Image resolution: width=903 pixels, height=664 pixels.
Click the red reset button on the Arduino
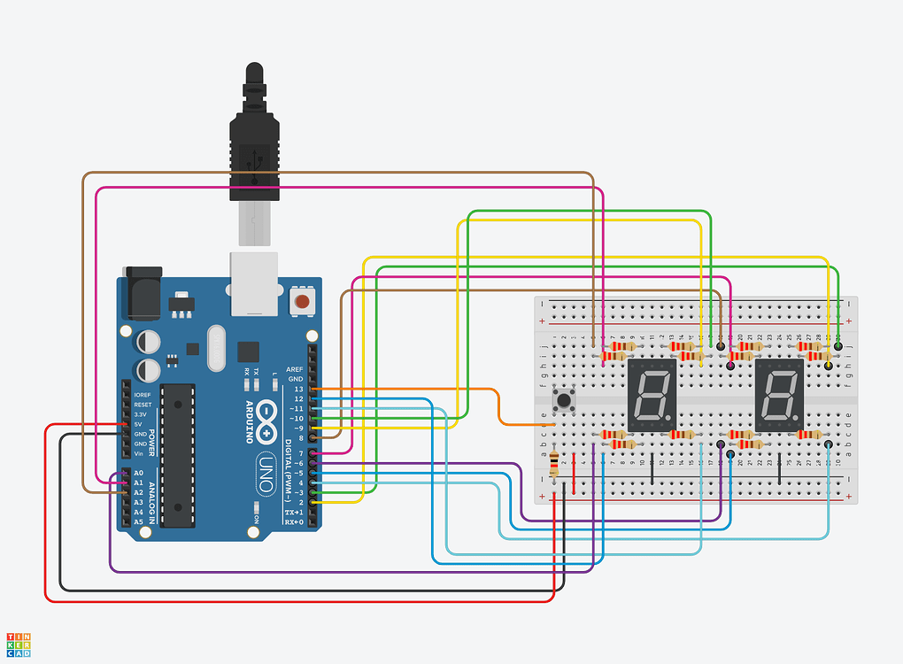[303, 303]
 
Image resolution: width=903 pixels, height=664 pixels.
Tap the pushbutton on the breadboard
[562, 400]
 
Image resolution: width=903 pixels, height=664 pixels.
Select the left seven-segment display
[652, 395]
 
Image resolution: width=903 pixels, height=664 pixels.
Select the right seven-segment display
[779, 395]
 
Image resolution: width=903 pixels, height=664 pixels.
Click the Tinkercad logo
[19, 645]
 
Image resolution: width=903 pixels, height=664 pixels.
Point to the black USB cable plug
[255, 142]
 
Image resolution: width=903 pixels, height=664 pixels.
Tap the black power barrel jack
[142, 292]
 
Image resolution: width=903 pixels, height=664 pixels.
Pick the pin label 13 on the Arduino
[298, 389]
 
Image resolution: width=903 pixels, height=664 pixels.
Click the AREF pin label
[295, 368]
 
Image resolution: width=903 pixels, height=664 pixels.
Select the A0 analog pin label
[138, 473]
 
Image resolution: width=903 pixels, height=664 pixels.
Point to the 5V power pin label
[139, 424]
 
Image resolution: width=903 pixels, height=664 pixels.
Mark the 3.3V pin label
[141, 414]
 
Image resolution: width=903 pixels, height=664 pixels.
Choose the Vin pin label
[138, 453]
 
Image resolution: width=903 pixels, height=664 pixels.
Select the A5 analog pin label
[138, 522]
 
